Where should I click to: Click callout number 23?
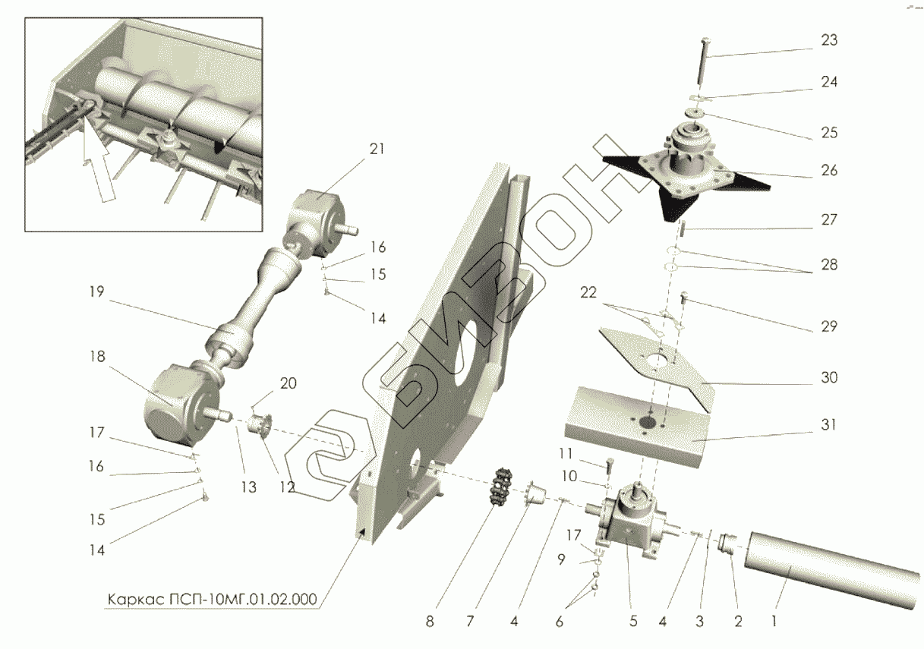click(x=829, y=40)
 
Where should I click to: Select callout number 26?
click(x=829, y=171)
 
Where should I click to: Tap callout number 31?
click(x=829, y=425)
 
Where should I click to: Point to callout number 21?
click(x=377, y=150)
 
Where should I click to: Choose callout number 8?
click(x=430, y=622)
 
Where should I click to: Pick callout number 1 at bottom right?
click(x=774, y=622)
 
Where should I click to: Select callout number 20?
click(x=288, y=384)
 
